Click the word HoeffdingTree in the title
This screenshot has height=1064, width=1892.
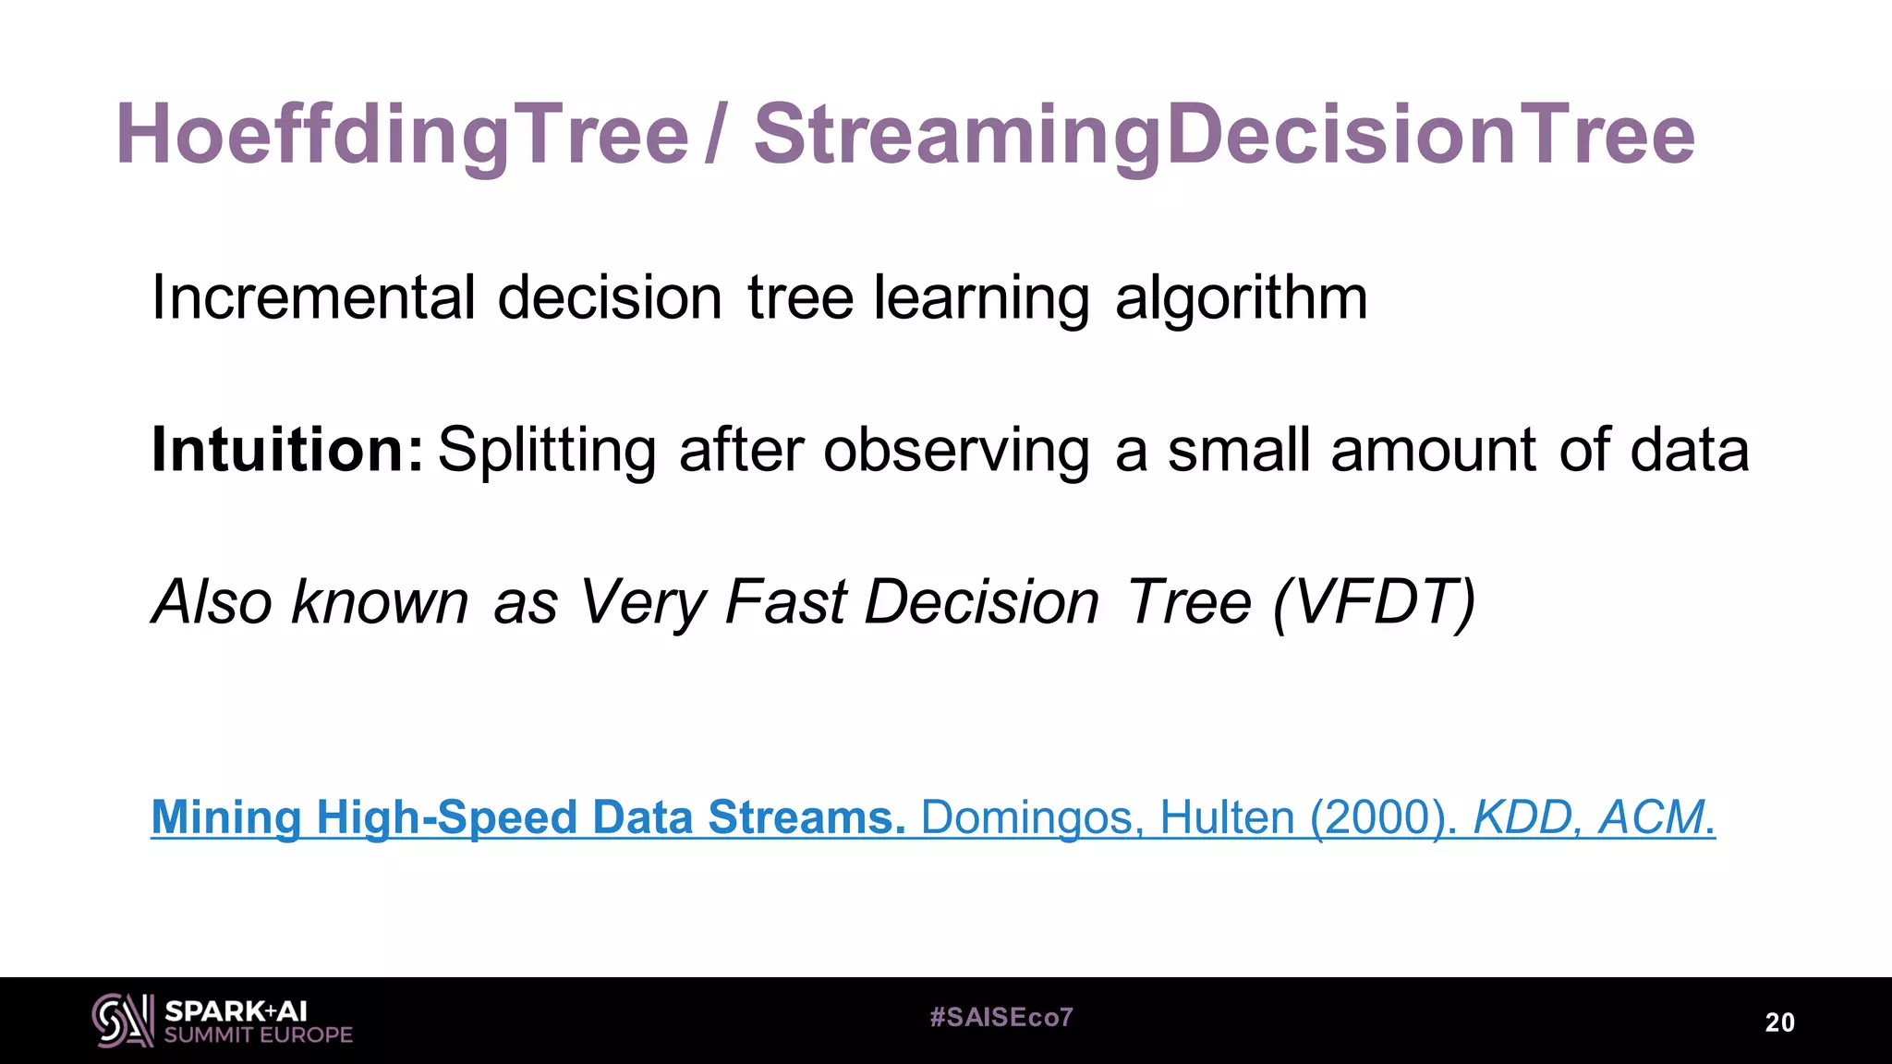[x=403, y=136]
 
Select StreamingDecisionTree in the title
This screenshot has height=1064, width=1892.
[x=1224, y=136]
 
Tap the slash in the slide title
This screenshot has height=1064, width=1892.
[x=713, y=136]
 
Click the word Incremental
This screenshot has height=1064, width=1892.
[x=313, y=298]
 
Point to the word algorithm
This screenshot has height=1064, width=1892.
[x=1241, y=298]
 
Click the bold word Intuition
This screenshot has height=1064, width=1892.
[x=286, y=450]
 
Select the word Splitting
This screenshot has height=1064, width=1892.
[x=547, y=450]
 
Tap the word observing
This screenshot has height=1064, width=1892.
[x=956, y=450]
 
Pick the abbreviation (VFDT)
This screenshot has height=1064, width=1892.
[x=1374, y=602]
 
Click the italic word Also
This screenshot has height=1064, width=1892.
[x=212, y=602]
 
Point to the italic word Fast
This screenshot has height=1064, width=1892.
[x=785, y=602]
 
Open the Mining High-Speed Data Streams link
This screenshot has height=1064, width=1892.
[x=528, y=817]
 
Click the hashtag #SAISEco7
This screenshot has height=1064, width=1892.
[x=1001, y=1018]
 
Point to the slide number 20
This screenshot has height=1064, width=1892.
[x=1779, y=1022]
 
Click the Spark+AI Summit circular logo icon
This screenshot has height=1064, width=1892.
[x=123, y=1021]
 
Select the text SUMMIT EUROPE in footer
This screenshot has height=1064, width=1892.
[x=259, y=1035]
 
